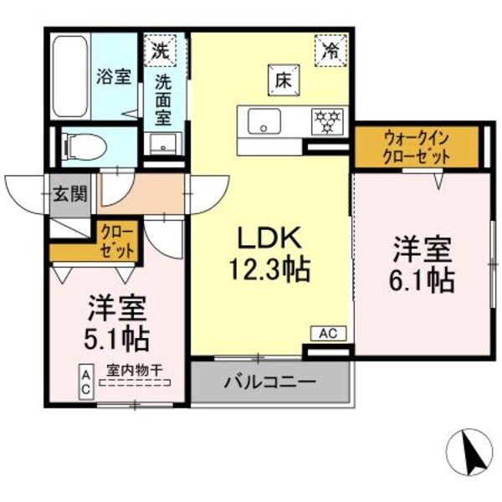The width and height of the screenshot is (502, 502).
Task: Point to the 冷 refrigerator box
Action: click(331, 49)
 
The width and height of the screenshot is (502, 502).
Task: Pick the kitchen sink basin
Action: click(264, 122)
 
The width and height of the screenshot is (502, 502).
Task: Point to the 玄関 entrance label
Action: click(71, 195)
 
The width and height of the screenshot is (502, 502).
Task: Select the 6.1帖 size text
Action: click(423, 279)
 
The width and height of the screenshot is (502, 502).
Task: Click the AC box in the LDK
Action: click(327, 333)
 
